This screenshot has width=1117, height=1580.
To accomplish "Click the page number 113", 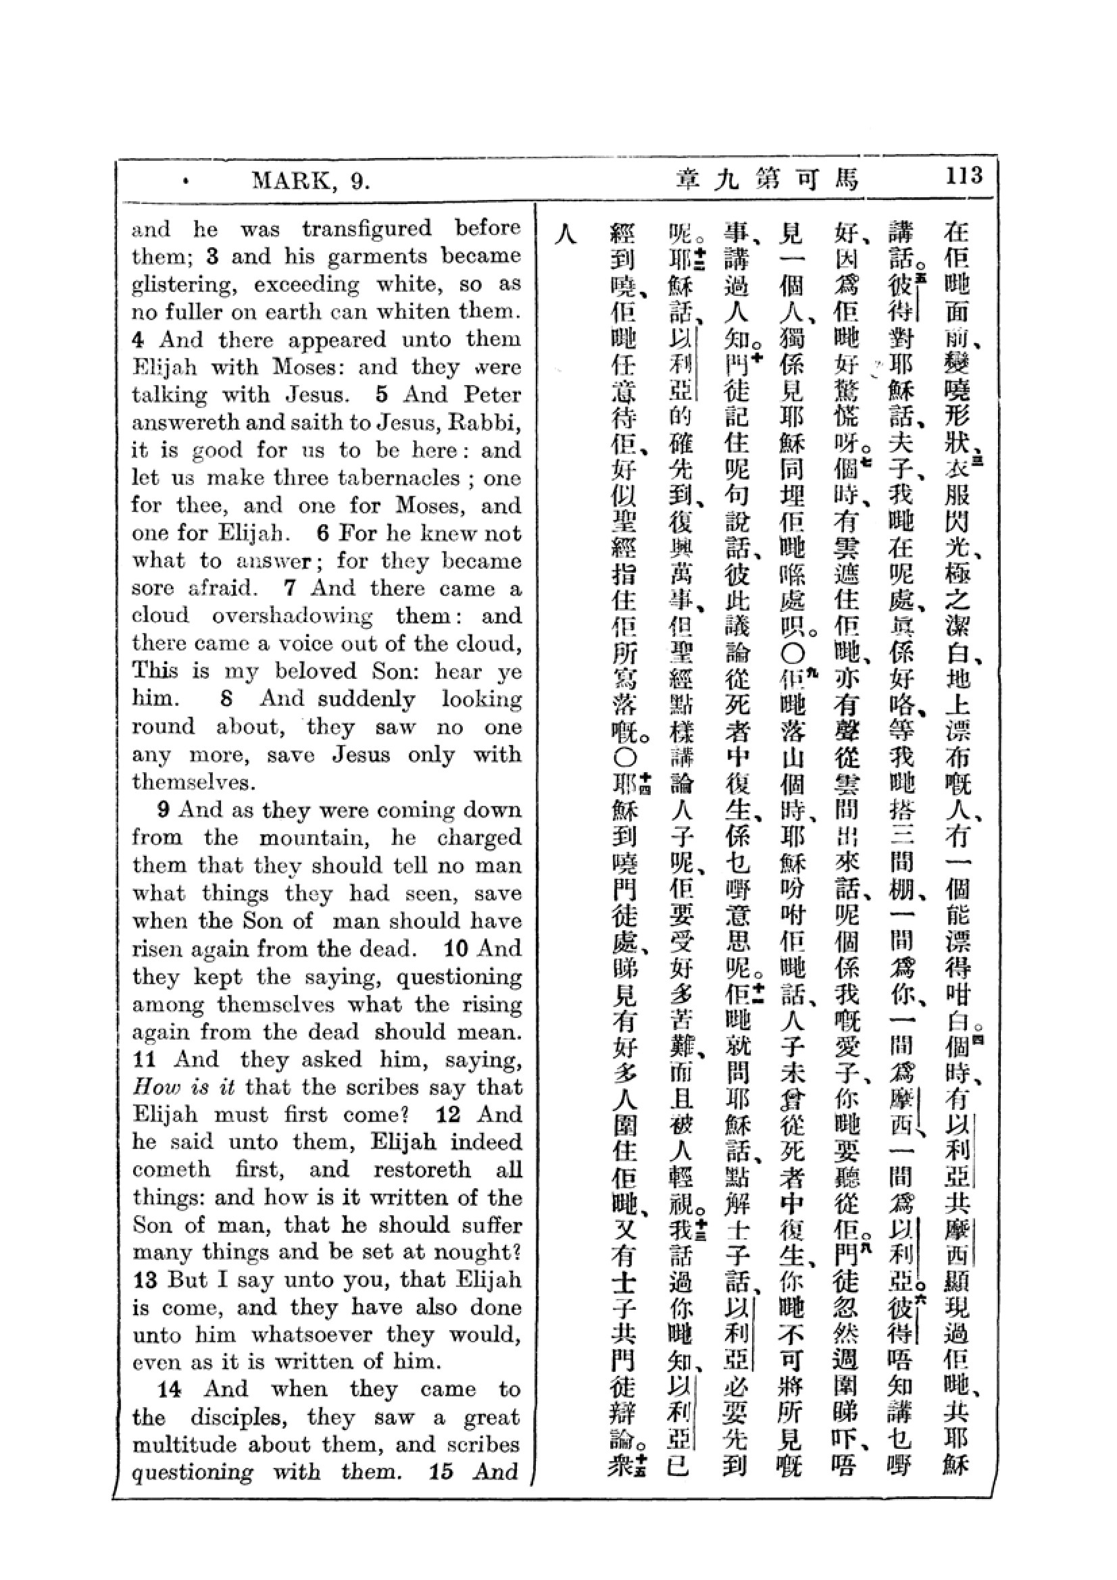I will (x=964, y=176).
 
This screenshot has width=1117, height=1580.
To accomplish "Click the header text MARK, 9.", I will (x=311, y=181).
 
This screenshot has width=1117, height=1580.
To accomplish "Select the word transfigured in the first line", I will (x=367, y=228).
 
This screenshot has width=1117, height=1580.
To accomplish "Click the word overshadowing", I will (x=292, y=615).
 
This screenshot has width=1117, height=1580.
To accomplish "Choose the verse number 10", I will (x=455, y=948).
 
